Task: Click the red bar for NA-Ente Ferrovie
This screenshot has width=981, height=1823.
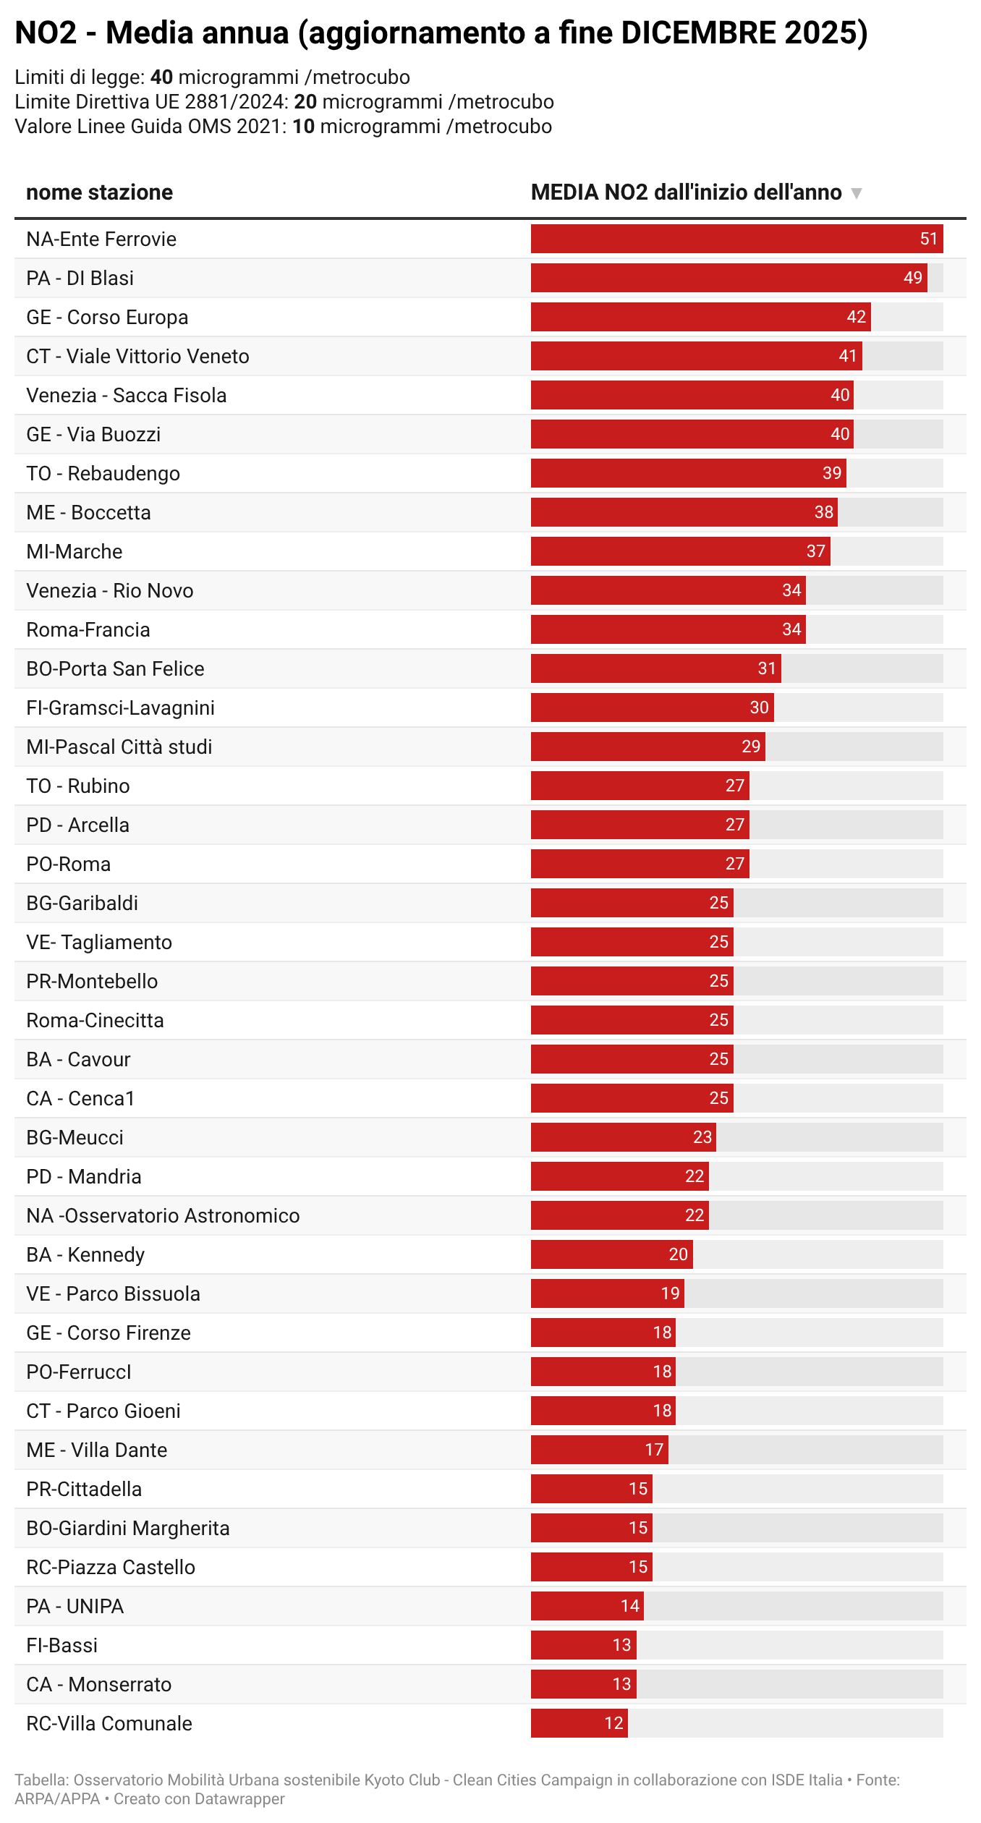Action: point(723,239)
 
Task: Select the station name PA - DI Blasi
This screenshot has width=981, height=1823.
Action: point(80,279)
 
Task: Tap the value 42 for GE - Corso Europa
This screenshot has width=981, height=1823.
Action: point(856,317)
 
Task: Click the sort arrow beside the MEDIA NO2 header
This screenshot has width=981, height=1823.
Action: point(857,193)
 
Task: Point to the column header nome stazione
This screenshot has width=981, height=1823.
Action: point(99,192)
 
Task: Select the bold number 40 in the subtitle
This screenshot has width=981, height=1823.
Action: point(161,77)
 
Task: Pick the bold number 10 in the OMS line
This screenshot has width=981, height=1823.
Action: point(303,127)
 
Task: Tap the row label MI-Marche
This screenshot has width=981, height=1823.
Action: point(74,552)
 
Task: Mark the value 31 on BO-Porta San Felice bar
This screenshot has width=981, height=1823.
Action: point(767,668)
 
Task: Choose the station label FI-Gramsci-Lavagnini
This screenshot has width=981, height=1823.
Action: point(120,708)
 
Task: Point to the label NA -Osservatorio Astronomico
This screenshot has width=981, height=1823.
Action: point(163,1215)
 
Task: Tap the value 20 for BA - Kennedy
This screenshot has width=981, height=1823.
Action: point(678,1254)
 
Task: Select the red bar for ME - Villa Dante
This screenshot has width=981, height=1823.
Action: point(586,1450)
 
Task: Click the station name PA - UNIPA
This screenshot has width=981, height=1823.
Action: point(75,1606)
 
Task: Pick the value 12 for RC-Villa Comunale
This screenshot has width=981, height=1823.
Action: point(613,1723)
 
